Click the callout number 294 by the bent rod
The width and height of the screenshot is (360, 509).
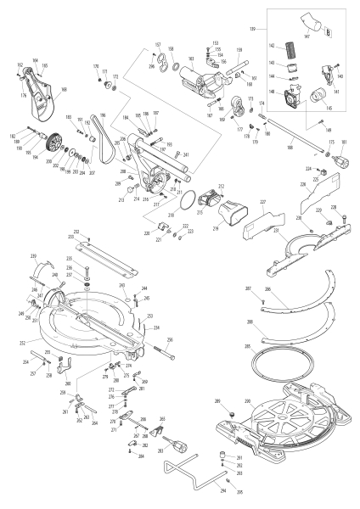click(x=223, y=490)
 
